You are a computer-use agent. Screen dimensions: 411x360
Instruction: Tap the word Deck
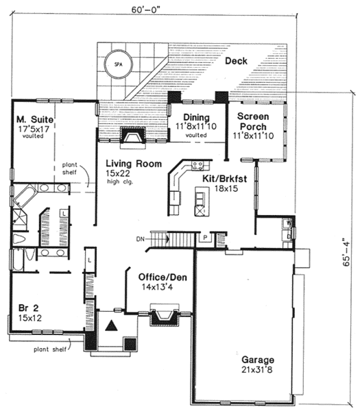pyautogui.click(x=237, y=62)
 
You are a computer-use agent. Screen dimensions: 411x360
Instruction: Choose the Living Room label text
pyautogui.click(x=134, y=164)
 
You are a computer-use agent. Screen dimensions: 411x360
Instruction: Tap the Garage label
pyautogui.click(x=257, y=360)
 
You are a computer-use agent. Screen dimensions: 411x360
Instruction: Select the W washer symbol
pyautogui.click(x=289, y=223)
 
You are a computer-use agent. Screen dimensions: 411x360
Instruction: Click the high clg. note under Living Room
pyautogui.click(x=121, y=184)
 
